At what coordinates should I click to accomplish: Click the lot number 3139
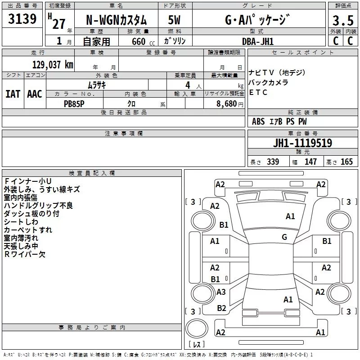tap(22, 19)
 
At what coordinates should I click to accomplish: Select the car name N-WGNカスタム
tap(116, 20)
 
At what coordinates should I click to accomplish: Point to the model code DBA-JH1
tap(258, 41)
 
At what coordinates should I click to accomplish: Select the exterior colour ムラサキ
tap(96, 85)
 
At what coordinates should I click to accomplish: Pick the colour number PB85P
tap(74, 103)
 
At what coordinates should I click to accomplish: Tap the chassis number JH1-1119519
tap(302, 143)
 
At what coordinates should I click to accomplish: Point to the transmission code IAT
tap(13, 94)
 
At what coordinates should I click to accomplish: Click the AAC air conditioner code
tap(35, 94)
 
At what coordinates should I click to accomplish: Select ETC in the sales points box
tap(258, 93)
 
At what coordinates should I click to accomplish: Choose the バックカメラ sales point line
tap(268, 83)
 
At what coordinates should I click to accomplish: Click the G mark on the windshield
tap(284, 237)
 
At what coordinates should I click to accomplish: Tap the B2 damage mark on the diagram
tap(221, 308)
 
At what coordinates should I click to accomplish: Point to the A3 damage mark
tap(221, 292)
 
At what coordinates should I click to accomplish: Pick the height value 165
tap(346, 162)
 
